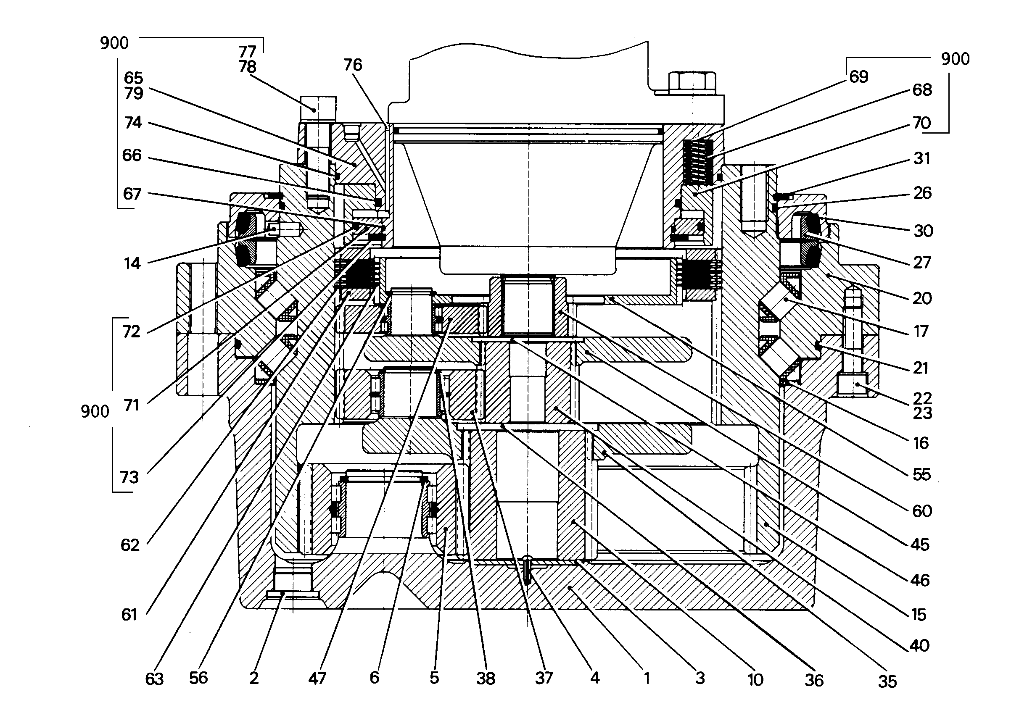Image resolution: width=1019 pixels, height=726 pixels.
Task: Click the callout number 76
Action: (x=353, y=65)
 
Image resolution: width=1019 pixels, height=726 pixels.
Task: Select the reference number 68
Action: (x=922, y=90)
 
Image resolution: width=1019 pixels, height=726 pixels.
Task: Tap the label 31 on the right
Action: (x=921, y=158)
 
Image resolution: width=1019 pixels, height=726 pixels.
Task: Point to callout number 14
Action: (x=132, y=264)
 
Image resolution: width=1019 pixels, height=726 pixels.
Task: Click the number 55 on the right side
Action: (x=921, y=474)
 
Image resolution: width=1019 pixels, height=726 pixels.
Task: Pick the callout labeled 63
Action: (x=155, y=679)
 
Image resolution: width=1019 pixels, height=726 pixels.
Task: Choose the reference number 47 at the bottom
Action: (x=317, y=679)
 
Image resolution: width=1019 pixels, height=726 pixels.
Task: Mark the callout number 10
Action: (x=755, y=680)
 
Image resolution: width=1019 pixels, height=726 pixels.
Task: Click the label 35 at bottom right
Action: (x=887, y=682)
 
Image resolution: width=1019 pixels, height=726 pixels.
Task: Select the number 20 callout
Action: (x=922, y=298)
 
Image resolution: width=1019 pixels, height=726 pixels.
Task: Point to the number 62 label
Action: (x=130, y=545)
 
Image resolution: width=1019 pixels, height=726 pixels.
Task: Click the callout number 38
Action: (x=486, y=679)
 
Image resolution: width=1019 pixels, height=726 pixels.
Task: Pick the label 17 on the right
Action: (x=921, y=332)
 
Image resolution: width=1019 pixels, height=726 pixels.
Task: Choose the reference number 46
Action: (x=920, y=580)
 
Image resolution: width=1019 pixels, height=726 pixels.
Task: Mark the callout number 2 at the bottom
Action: (x=253, y=678)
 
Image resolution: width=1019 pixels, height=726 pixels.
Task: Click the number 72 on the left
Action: (x=131, y=332)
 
